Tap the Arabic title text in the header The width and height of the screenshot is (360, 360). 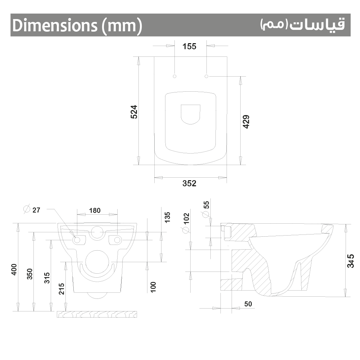(302, 25)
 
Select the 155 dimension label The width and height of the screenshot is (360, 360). (190, 46)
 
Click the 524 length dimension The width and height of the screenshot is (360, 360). (134, 112)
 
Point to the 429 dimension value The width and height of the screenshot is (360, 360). (246, 122)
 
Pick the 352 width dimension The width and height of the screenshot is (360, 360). (190, 183)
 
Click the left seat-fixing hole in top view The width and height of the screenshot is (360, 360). (174, 76)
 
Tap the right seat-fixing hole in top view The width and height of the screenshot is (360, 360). (206, 76)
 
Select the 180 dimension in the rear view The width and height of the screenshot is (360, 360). (95, 210)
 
